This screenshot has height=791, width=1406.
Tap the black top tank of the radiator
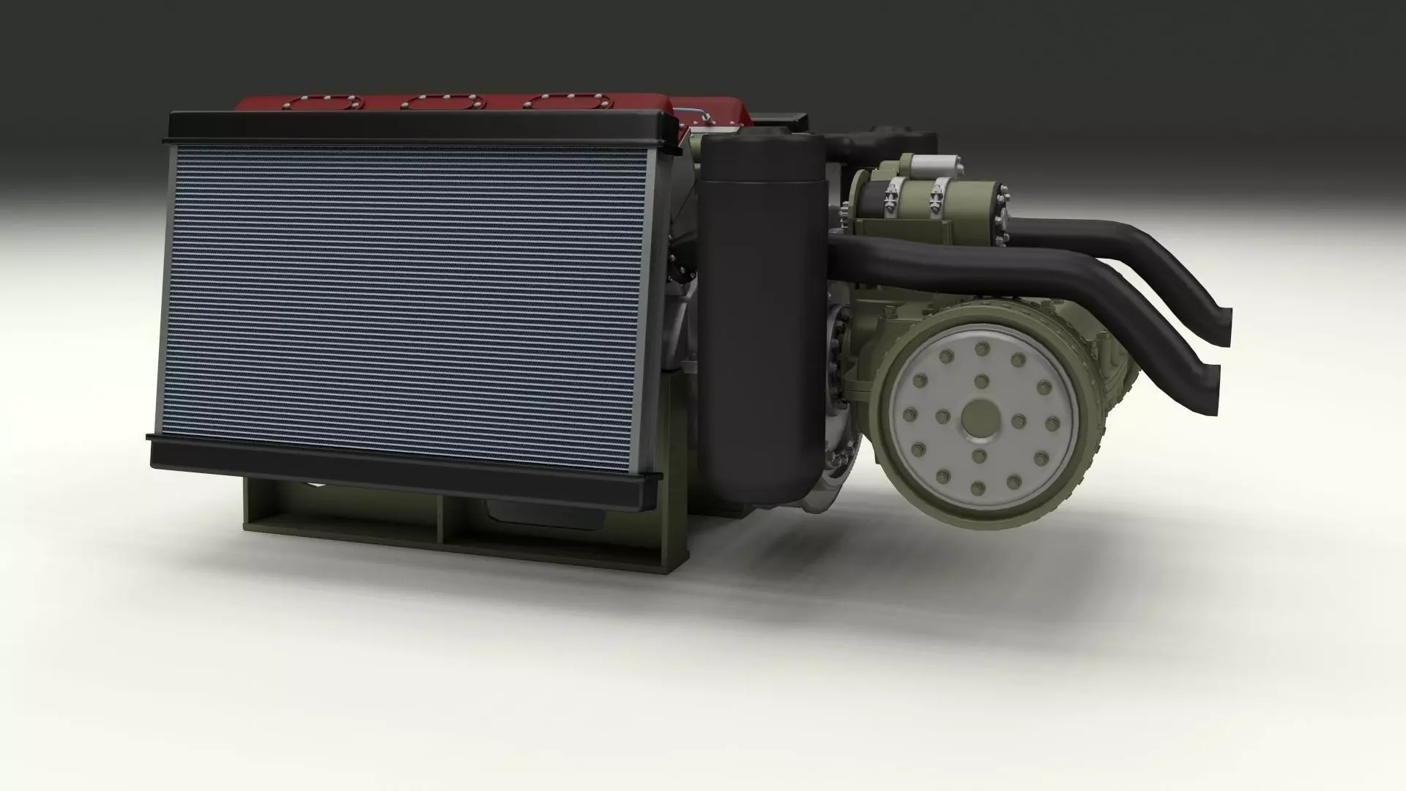[417, 126]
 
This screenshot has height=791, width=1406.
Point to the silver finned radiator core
[403, 300]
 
